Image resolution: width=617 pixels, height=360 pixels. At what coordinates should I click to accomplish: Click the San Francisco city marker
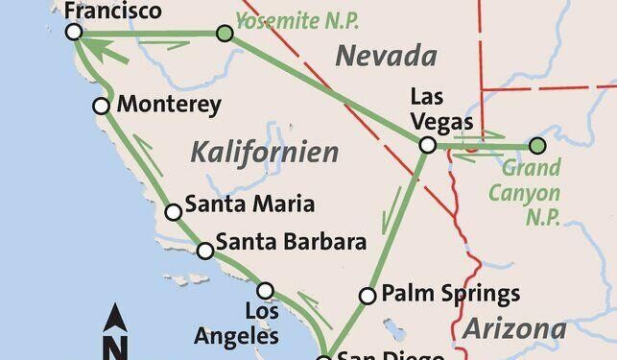click(x=74, y=33)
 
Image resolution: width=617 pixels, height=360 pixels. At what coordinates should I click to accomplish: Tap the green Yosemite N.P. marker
click(x=224, y=34)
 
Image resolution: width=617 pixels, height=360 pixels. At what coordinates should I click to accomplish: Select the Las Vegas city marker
click(x=428, y=145)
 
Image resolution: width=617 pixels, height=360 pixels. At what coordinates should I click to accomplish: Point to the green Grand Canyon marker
click(x=537, y=146)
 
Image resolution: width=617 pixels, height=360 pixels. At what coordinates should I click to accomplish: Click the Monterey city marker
click(x=101, y=107)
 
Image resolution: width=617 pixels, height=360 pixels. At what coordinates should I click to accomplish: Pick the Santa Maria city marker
click(x=173, y=212)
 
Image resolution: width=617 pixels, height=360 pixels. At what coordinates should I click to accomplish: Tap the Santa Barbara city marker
click(x=204, y=251)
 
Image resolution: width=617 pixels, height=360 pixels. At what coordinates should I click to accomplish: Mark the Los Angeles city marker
click(x=266, y=290)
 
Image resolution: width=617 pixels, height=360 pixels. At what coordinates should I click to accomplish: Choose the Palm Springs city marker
click(x=367, y=296)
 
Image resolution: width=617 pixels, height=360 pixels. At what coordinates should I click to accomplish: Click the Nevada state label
click(x=386, y=57)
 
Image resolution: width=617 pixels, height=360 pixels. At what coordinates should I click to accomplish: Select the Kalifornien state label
click(x=265, y=152)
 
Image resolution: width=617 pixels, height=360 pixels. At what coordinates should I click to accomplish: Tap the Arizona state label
click(x=512, y=329)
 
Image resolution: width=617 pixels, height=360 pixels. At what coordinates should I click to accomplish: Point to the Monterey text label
click(x=169, y=105)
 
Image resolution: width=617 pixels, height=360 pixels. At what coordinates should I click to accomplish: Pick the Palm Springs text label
click(x=449, y=293)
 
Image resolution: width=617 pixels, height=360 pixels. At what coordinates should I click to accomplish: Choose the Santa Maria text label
click(x=249, y=204)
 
